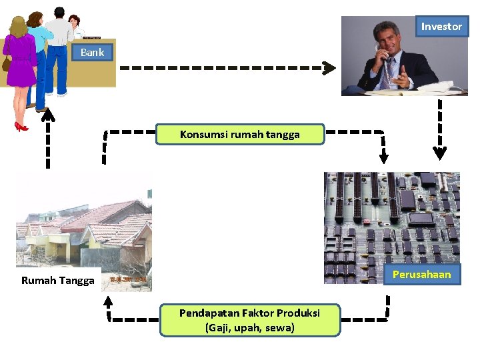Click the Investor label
tap(441, 27)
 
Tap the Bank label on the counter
tap(92, 52)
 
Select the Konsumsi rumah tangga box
tap(240, 134)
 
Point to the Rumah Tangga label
tap(58, 280)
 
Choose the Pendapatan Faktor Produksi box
tap(250, 320)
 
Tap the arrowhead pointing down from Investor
tap(439, 153)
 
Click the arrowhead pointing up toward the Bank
tap(47, 115)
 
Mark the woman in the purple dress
tap(20, 60)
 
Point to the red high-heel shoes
tap(21, 126)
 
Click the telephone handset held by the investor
tap(385, 57)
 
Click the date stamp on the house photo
tap(127, 279)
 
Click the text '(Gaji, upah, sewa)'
tap(250, 327)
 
